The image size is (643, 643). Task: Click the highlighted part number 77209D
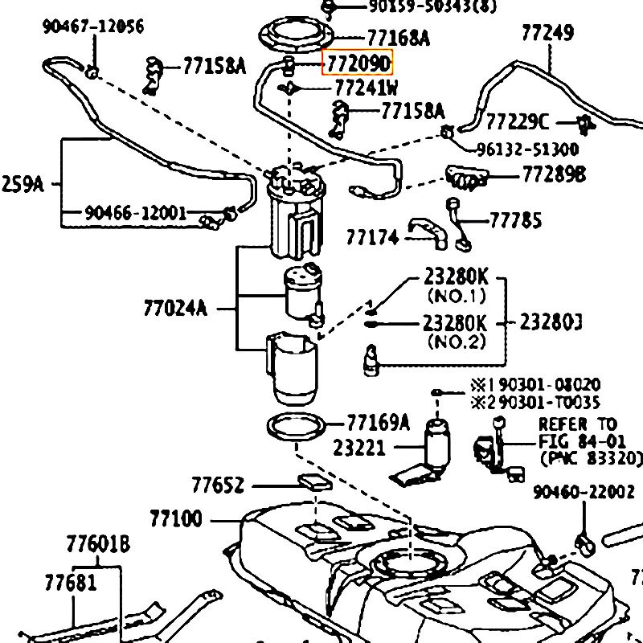(358, 63)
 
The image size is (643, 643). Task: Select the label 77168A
(398, 38)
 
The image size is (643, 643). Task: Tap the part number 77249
(547, 33)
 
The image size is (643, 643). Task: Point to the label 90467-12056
(92, 27)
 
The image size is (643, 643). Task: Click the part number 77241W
(366, 88)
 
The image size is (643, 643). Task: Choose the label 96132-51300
(527, 149)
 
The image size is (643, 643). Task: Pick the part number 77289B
(554, 174)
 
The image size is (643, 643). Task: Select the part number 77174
(373, 238)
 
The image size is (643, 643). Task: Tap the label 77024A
(175, 308)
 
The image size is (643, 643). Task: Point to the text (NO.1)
(456, 296)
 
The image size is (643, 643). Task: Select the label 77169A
(378, 422)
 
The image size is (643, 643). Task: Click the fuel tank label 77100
(176, 518)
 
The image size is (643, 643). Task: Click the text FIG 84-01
(576, 441)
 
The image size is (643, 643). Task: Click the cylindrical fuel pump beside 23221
(438, 442)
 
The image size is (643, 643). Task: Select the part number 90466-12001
(134, 214)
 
